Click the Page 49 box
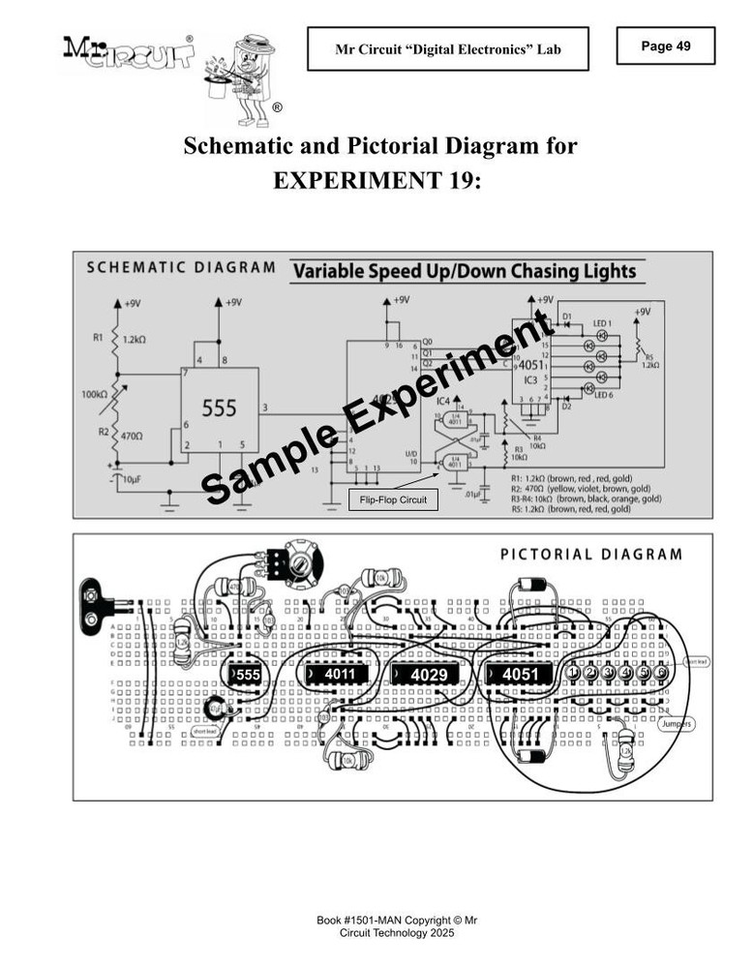click(665, 45)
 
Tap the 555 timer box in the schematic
click(219, 409)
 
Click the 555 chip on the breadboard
click(246, 674)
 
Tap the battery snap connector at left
click(97, 600)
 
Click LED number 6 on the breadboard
click(661, 673)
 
